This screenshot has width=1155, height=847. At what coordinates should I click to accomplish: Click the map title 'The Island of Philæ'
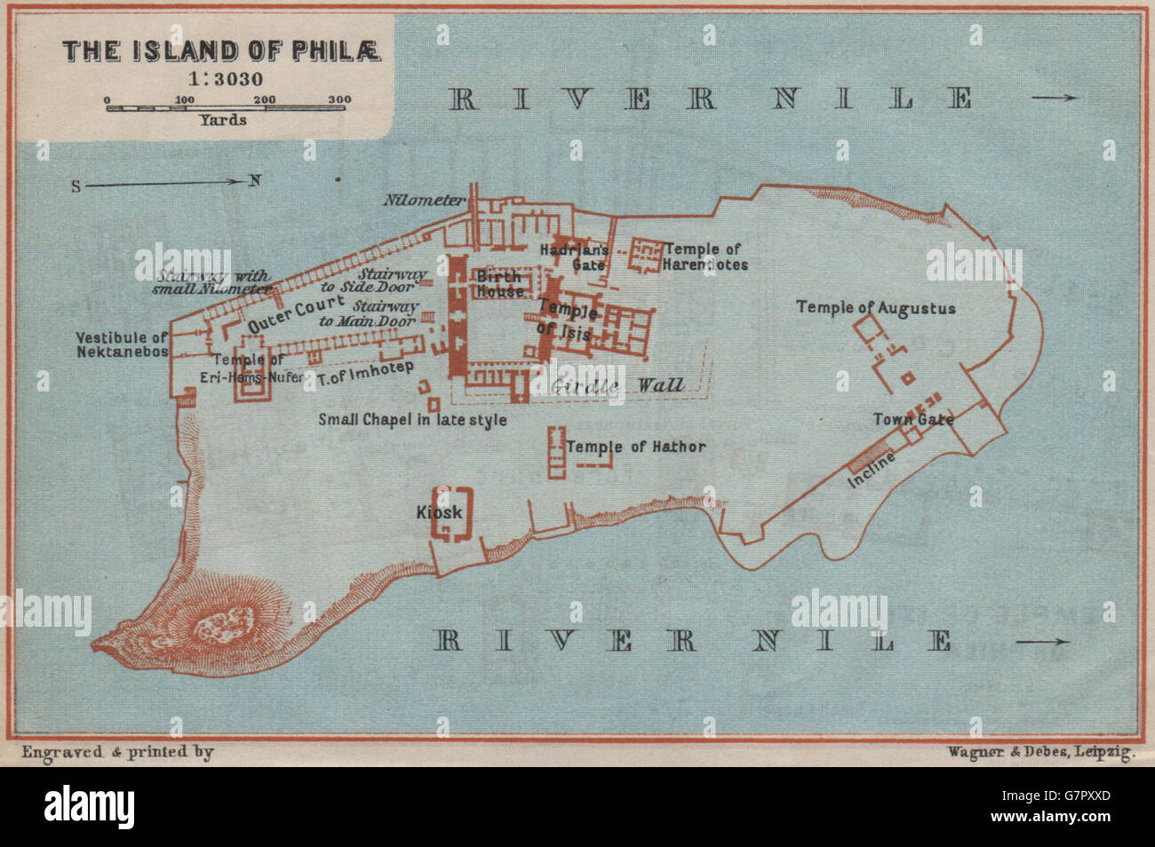click(221, 51)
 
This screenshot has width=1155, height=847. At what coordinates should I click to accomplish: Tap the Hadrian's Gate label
click(574, 257)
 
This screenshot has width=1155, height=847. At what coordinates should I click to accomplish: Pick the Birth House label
click(499, 283)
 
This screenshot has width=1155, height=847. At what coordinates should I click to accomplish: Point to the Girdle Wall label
click(618, 384)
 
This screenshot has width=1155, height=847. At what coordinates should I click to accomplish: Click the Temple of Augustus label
click(875, 308)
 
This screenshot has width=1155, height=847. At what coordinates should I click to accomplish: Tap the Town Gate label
click(913, 419)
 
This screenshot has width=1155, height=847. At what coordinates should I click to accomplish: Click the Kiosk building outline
click(451, 513)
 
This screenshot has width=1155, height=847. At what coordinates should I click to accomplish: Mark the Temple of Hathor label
click(635, 447)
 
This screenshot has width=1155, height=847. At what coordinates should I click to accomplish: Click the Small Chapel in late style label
click(412, 419)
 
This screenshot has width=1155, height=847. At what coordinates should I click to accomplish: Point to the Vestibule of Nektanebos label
click(122, 344)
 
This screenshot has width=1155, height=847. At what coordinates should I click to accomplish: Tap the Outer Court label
click(283, 313)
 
